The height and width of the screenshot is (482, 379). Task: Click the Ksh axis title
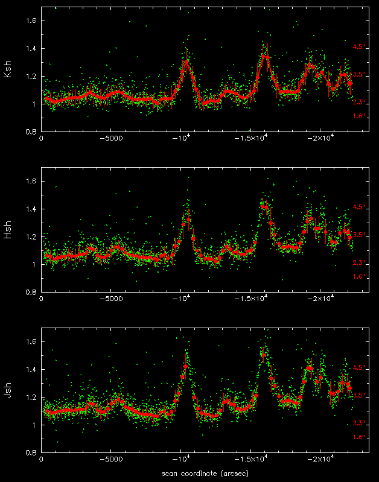8,71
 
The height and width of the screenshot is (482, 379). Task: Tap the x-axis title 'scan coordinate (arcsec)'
205,473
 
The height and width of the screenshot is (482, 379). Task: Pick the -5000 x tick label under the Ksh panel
111,138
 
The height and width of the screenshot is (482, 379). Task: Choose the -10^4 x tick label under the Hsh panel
182,299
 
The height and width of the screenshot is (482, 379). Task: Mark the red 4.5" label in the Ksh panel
360,46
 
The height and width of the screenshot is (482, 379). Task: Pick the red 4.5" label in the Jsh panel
360,367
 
